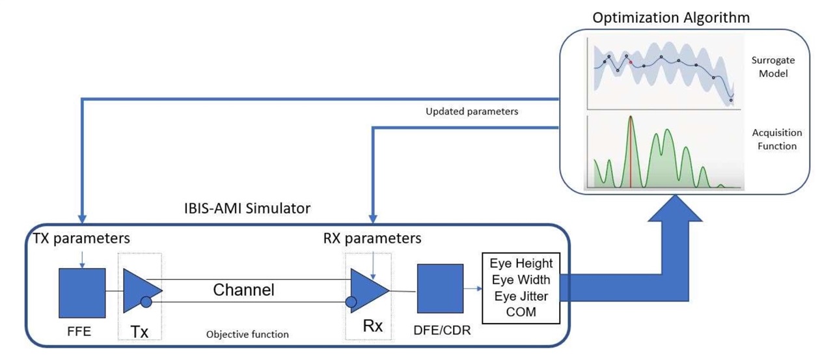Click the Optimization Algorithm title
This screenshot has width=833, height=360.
[671, 18]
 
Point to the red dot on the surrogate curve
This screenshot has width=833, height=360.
[631, 62]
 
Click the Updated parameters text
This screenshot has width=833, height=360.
[472, 111]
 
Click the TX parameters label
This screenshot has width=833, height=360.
[82, 238]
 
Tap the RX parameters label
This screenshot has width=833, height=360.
[372, 238]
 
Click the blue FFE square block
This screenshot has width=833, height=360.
[82, 290]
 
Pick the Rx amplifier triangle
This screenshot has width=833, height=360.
[368, 288]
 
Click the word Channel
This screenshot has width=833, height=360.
[243, 290]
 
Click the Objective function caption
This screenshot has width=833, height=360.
[247, 335]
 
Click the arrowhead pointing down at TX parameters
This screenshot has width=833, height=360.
[82, 217]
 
